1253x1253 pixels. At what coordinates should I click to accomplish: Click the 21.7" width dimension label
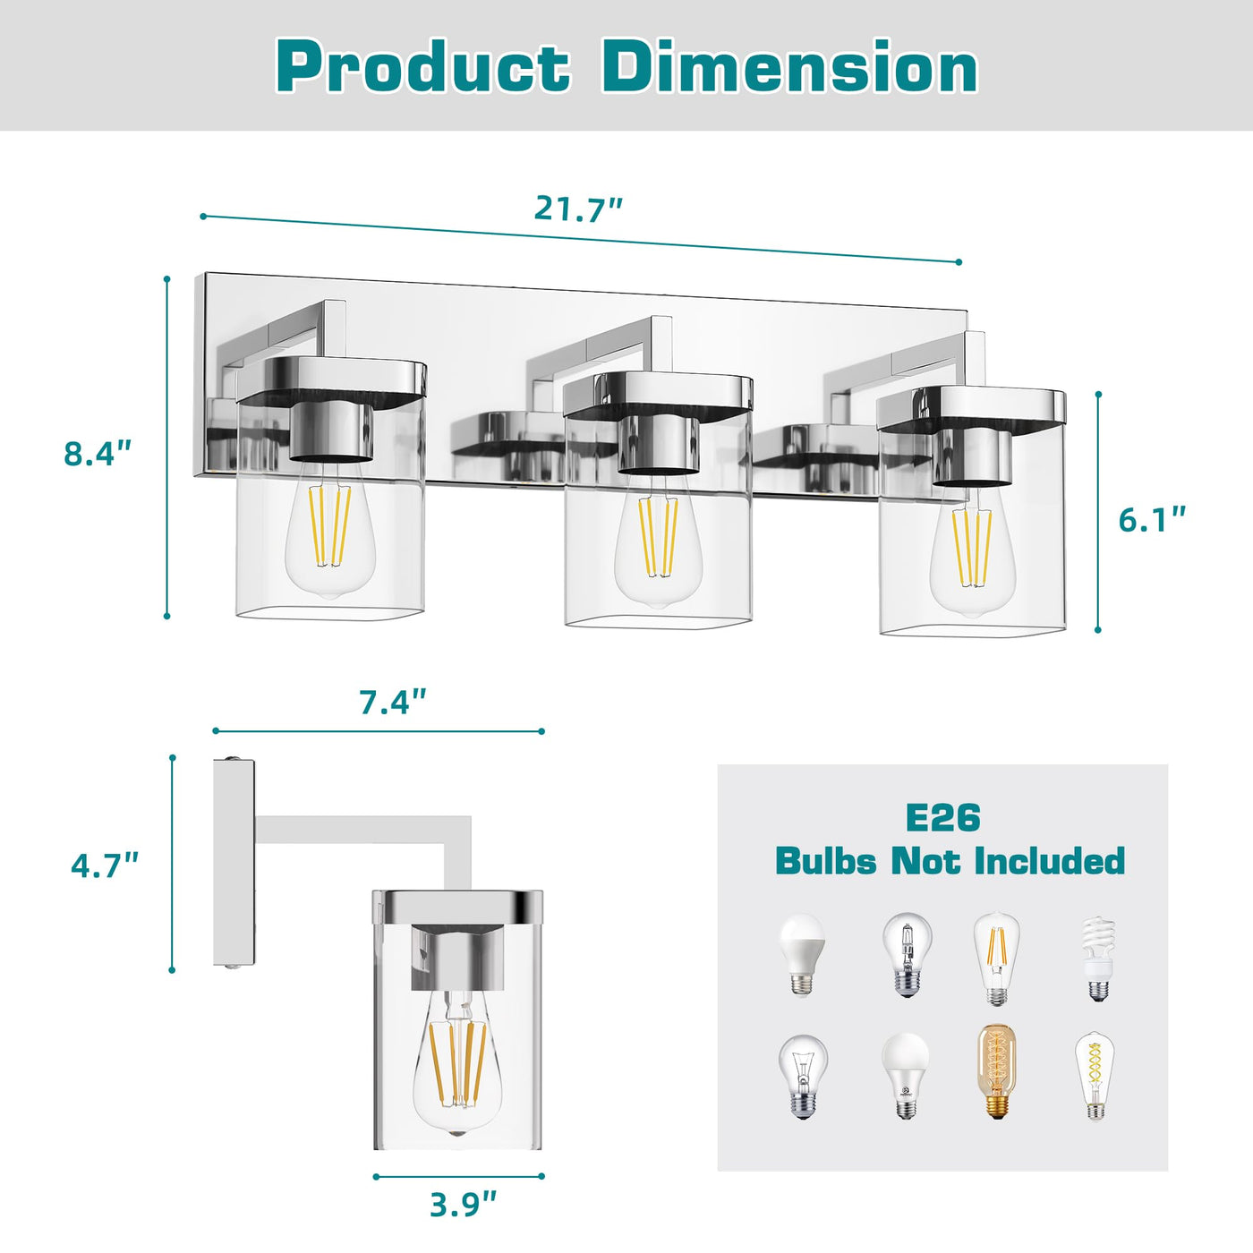[x=578, y=208]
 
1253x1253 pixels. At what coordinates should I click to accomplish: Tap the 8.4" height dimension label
[x=98, y=453]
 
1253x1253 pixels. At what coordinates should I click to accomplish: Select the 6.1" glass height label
[x=1152, y=519]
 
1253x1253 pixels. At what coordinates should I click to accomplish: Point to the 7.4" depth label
[x=394, y=702]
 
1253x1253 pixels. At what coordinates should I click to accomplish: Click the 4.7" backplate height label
[x=105, y=865]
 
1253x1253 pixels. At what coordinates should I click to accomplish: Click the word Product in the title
[x=422, y=68]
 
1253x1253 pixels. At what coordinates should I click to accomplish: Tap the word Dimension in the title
[x=789, y=68]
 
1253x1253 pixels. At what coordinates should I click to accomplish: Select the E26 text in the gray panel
[x=942, y=818]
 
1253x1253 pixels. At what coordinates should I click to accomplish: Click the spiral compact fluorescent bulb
[x=1097, y=959]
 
